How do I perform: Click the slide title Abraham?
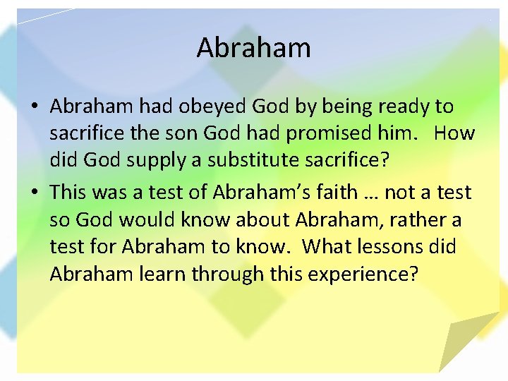click(253, 48)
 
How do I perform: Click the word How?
click(454, 133)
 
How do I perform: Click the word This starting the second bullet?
click(68, 193)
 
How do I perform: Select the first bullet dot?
click(35, 107)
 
